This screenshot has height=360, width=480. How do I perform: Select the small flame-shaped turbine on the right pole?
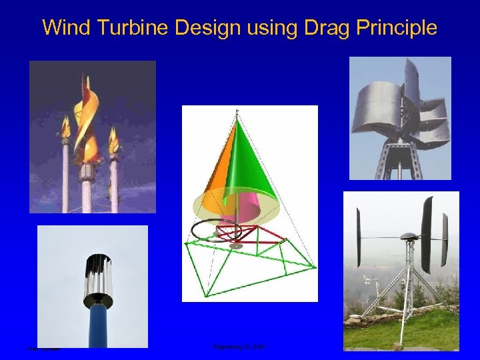[x=113, y=140]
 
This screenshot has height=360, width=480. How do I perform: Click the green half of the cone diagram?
[x=253, y=167]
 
